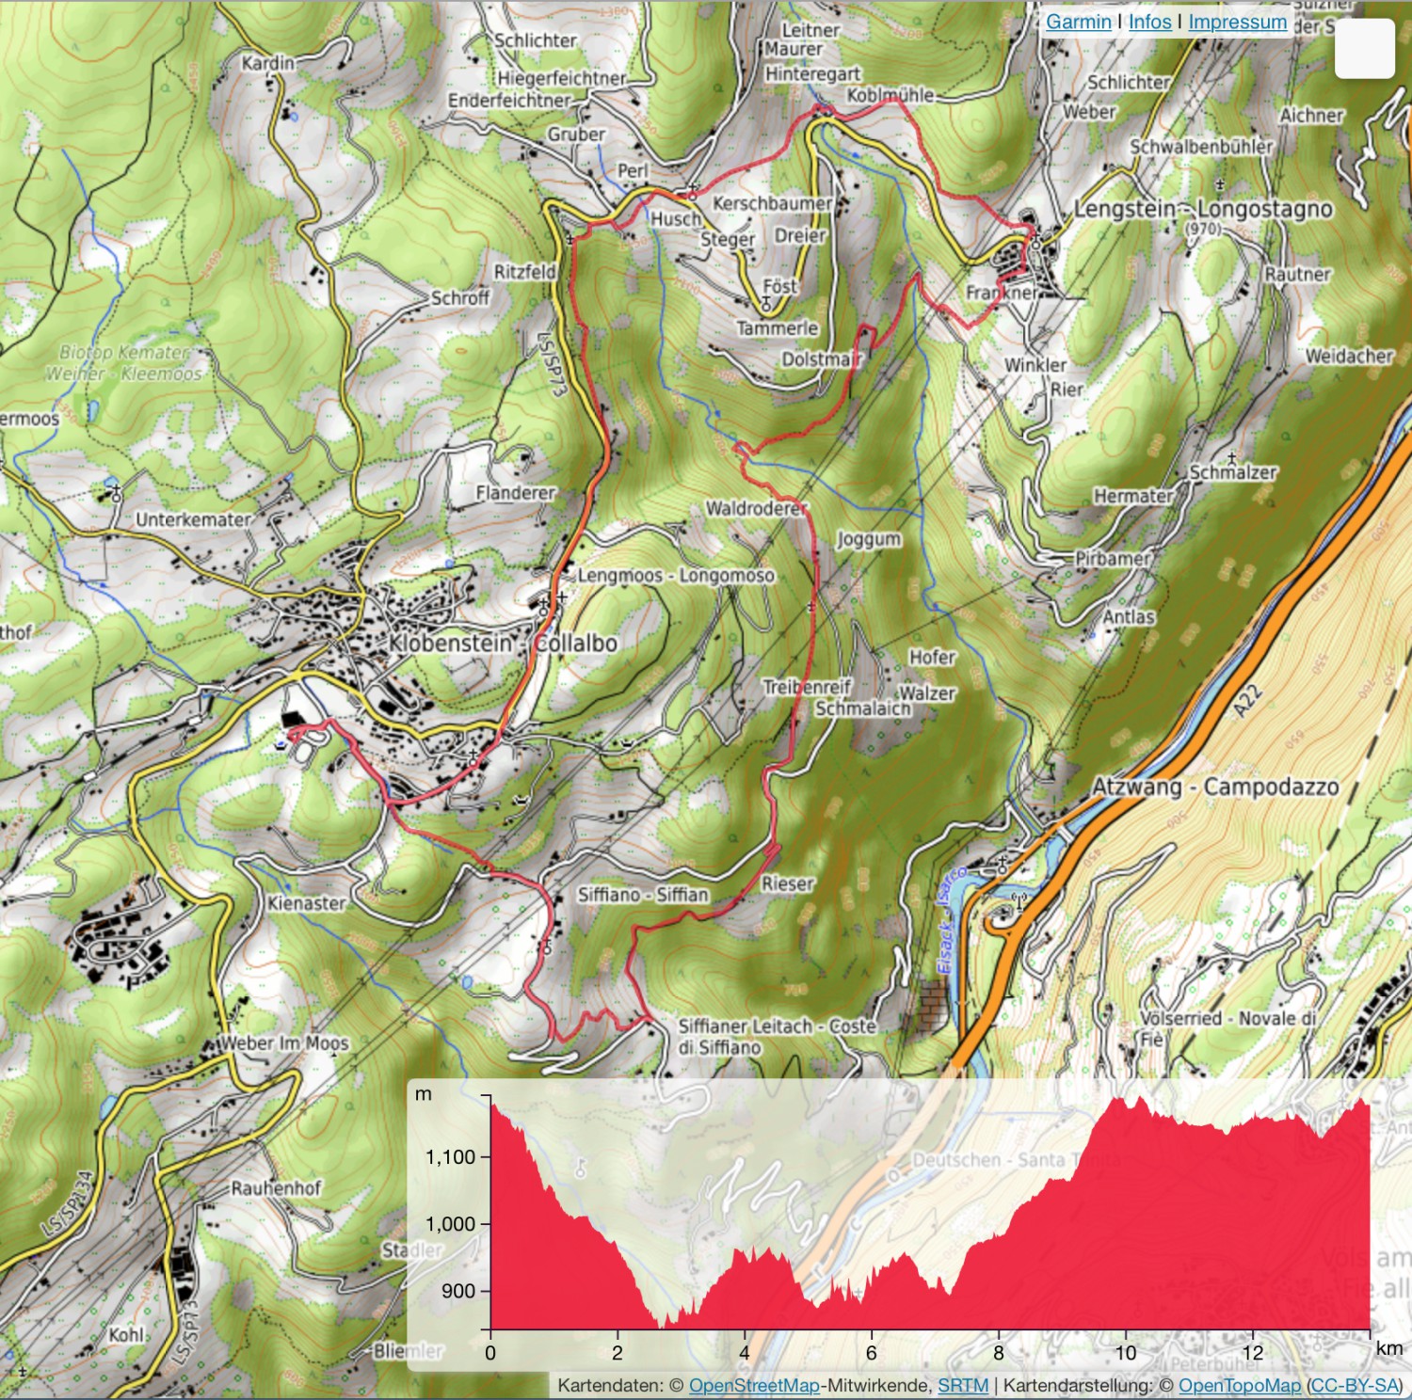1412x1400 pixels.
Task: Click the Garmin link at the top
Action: coord(1078,22)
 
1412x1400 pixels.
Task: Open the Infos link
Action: coord(1149,22)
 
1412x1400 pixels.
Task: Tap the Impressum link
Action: coord(1237,22)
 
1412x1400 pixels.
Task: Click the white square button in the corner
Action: coord(1364,48)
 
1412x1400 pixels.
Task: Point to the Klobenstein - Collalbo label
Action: coord(503,644)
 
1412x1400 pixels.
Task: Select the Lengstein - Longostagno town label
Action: coord(1203,209)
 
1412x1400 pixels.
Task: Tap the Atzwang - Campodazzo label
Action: coord(1214,787)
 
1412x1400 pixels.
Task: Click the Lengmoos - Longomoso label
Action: coord(676,575)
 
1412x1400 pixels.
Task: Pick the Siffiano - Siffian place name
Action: coord(643,894)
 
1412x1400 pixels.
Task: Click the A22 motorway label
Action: coord(1249,702)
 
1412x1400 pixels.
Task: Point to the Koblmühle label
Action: coord(890,95)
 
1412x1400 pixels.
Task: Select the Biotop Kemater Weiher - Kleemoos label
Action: coord(124,362)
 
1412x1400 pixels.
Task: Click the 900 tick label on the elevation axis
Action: coord(458,1291)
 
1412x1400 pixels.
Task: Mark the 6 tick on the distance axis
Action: coord(871,1353)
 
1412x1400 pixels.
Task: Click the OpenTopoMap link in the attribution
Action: coord(1239,1385)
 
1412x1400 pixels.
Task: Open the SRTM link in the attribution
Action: coord(963,1385)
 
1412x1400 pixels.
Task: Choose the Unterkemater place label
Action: coord(193,519)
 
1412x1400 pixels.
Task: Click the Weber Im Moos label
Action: coord(284,1042)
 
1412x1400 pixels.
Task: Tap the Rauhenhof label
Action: coord(276,1187)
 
